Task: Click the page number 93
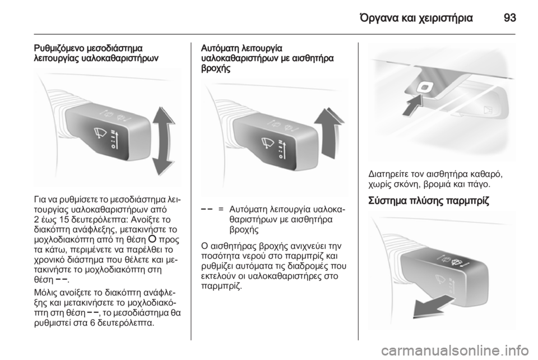(x=510, y=17)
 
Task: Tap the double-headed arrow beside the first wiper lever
(x=163, y=141)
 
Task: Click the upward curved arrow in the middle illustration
(x=329, y=133)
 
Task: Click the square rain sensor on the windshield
(x=424, y=88)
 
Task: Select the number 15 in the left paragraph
(x=63, y=220)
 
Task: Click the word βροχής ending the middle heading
(x=216, y=68)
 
